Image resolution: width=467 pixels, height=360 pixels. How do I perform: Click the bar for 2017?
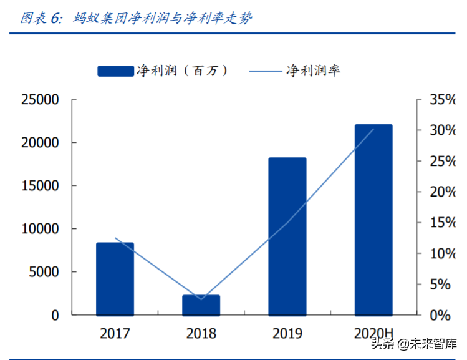click(x=115, y=278)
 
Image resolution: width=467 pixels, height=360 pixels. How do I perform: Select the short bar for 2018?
click(x=201, y=304)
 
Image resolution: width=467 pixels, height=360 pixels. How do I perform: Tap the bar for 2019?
click(x=287, y=236)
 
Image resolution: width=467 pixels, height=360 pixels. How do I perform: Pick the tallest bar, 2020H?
click(x=373, y=220)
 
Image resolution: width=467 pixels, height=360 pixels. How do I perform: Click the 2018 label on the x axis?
click(x=201, y=333)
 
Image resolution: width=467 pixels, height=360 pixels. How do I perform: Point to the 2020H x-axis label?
click(x=373, y=333)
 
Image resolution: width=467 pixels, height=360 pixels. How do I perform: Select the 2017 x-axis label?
click(x=115, y=333)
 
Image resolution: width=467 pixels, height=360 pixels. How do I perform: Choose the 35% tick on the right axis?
click(x=443, y=100)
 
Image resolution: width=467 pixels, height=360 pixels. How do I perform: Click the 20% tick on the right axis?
click(x=443, y=192)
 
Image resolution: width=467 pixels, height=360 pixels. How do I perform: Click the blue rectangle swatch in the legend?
click(x=115, y=71)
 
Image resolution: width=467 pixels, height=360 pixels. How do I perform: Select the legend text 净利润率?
click(x=313, y=71)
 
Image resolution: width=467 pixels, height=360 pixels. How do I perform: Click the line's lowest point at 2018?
click(x=201, y=299)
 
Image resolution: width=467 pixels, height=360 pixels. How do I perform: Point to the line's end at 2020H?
click(x=373, y=129)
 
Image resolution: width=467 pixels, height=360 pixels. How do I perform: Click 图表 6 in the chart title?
click(x=41, y=18)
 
